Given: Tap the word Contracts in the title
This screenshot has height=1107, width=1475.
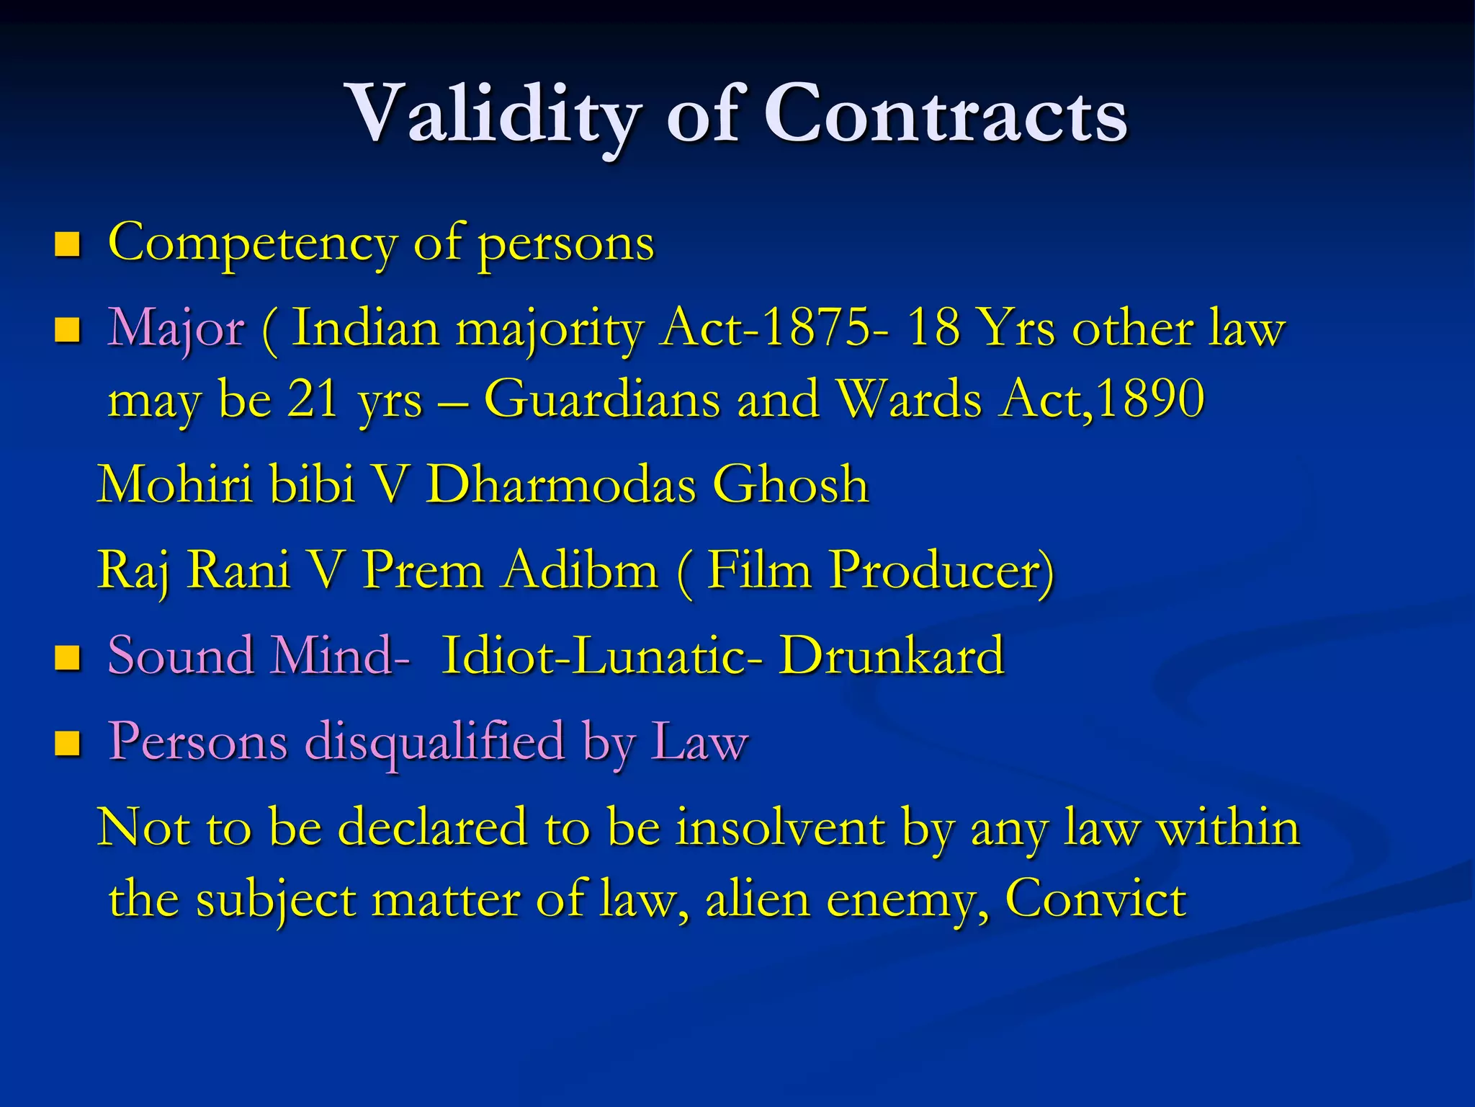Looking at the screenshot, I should (x=945, y=115).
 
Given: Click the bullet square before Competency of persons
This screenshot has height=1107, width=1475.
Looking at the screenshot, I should (x=67, y=245).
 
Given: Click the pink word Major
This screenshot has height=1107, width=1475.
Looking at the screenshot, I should (x=176, y=329).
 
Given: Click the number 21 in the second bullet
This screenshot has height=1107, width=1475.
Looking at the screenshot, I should (x=313, y=399).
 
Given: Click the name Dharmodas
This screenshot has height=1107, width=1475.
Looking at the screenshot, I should (x=561, y=484).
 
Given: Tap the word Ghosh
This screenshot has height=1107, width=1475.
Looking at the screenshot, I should (x=791, y=484).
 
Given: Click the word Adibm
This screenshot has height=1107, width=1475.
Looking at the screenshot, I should (x=580, y=570).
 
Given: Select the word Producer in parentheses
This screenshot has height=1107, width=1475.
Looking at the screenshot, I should (x=936, y=570).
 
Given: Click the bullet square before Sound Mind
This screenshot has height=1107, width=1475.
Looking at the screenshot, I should (x=67, y=658).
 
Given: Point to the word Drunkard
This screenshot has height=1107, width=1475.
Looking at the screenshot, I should (x=892, y=656).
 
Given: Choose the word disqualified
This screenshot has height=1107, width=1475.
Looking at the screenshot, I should (x=435, y=742).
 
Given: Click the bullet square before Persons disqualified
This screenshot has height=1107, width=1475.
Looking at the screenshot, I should (x=67, y=743).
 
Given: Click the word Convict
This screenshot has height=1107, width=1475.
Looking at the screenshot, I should (x=1095, y=899).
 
